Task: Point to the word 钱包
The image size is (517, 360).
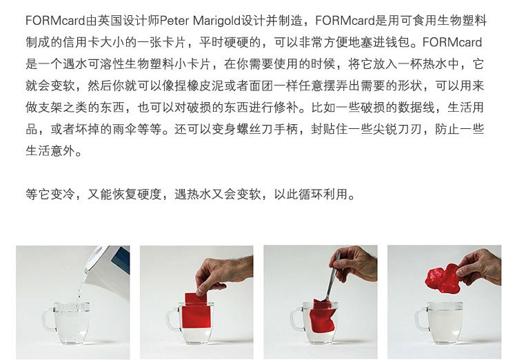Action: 396,43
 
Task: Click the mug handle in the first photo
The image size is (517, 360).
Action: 48,319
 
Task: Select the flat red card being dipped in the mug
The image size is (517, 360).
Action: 196,310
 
